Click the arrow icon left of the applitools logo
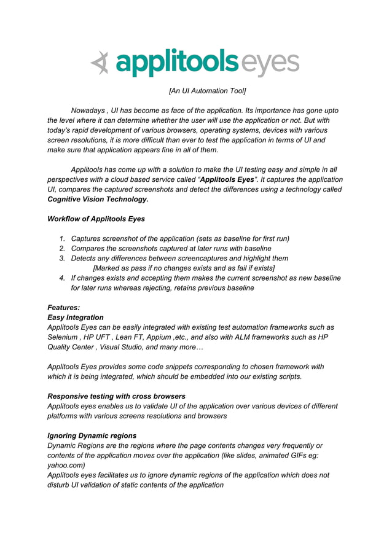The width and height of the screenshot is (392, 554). [100, 63]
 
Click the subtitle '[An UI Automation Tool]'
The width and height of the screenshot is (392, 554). [207, 91]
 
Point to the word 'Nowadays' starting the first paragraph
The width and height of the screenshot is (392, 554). [88, 110]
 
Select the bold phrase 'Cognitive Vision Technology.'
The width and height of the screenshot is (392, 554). [98, 200]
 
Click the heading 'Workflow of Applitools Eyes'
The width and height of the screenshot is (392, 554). [96, 219]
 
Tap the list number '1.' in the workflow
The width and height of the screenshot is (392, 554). [63, 238]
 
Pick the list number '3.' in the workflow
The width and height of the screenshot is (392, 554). [63, 258]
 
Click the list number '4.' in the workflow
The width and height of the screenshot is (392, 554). [63, 278]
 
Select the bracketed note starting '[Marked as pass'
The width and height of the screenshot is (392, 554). [183, 268]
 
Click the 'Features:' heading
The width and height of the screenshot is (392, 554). [64, 308]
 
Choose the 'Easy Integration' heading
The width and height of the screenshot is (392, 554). [76, 318]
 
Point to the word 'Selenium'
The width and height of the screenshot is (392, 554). [63, 337]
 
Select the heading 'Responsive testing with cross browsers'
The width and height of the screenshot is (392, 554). [116, 396]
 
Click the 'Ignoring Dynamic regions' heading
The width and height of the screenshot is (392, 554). [92, 435]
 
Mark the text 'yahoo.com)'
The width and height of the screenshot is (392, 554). [66, 466]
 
